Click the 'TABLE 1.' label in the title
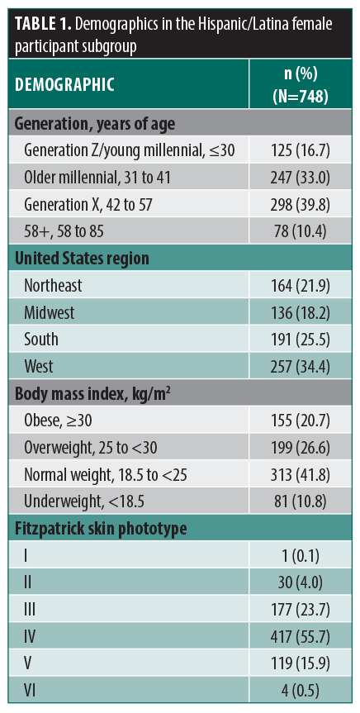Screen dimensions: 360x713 coord(42,25)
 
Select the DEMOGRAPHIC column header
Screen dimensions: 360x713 coord(64,85)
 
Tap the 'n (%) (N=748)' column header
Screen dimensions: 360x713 coord(301,84)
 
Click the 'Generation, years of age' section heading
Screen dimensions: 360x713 coord(95,124)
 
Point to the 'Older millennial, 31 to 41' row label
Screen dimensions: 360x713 coord(97,178)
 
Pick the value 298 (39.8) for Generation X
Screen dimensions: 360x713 coord(301,205)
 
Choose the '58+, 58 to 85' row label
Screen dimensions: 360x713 coord(64,232)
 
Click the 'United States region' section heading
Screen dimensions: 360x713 coord(83,259)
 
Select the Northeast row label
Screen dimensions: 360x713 coord(53,286)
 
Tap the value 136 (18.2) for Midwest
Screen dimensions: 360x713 coord(301,313)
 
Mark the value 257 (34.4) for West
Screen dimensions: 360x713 coord(301,367)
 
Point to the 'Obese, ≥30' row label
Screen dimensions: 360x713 coord(58,421)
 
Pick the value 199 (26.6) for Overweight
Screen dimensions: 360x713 coord(301,448)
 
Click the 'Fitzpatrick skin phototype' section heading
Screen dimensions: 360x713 coord(101,529)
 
